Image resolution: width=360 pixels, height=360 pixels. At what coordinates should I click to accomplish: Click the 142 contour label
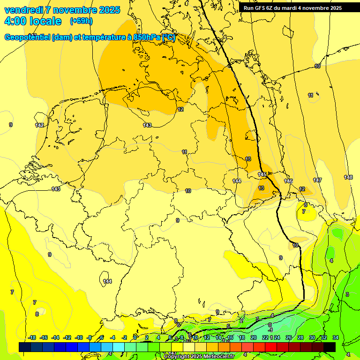click(39, 125)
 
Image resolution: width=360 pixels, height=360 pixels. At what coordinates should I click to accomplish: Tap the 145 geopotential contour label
click(262, 174)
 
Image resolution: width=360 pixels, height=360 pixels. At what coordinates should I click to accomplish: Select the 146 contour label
click(288, 181)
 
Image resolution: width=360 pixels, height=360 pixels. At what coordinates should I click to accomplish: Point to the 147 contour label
click(317, 180)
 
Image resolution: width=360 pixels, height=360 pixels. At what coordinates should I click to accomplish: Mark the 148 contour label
click(348, 177)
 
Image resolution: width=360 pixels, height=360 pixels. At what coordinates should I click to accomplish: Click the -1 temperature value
click(270, 330)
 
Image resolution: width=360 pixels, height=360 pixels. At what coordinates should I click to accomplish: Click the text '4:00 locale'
click(33, 21)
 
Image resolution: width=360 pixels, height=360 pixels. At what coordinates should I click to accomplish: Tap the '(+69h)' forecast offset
click(81, 21)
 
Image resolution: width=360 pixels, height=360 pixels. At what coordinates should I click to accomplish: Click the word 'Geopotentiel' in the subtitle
click(26, 37)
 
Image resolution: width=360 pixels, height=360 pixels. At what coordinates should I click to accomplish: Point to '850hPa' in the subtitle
click(147, 37)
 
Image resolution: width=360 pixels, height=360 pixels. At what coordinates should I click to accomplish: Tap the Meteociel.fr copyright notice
click(198, 357)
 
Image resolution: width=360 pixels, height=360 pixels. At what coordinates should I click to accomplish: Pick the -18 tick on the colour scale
click(32, 337)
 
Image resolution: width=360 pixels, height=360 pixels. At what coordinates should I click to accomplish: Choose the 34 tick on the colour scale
click(336, 337)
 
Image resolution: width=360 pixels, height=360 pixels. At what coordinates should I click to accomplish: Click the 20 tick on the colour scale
click(254, 337)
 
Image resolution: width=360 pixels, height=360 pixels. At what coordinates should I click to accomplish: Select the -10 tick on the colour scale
click(79, 337)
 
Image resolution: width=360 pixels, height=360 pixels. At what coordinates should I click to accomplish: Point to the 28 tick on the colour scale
click(300, 337)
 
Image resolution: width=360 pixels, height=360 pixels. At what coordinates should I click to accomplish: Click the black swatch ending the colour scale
click(330, 347)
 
